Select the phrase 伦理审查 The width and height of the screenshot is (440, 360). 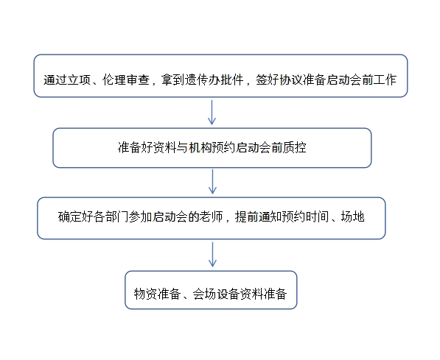[126, 80]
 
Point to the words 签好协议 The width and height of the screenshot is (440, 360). [279, 80]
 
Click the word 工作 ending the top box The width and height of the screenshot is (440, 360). [385, 80]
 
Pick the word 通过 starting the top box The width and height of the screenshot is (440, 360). [55, 80]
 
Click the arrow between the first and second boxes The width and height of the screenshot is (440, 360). [212, 113]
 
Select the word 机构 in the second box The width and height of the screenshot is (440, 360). [200, 147]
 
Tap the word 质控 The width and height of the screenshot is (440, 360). [294, 147]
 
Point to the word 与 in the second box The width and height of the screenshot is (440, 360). [182, 147]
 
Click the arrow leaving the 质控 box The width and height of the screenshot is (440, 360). [212, 182]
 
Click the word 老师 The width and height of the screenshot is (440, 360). [211, 216]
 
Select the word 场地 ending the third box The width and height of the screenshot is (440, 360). [353, 216]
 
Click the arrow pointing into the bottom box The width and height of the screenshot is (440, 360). [212, 255]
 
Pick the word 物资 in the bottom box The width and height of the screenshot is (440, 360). [145, 294]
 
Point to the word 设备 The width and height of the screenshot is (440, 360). [228, 294]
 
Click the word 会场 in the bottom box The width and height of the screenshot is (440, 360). [204, 294]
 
